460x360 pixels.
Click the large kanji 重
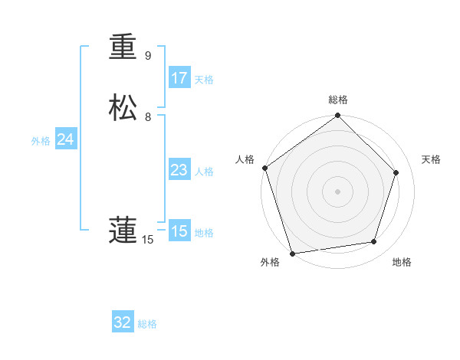(123, 47)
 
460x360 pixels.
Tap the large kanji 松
(123, 108)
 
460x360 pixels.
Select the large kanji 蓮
(123, 231)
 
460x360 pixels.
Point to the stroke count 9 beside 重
(148, 56)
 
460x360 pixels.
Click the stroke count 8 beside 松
(148, 117)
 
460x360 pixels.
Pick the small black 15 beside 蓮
(148, 240)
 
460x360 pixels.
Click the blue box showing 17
(179, 78)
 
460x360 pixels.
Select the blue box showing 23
(179, 170)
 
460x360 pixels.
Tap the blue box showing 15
(179, 231)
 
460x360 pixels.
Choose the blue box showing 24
(65, 139)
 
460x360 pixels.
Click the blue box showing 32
(123, 322)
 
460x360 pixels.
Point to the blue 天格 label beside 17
(204, 80)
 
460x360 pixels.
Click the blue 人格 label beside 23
(204, 172)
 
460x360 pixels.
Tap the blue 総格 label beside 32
(147, 324)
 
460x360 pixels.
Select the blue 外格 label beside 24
(41, 141)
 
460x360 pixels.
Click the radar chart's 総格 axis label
(338, 100)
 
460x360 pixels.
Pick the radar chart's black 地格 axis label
(402, 262)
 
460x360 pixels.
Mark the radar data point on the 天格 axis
(396, 172)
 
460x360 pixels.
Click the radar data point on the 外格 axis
(292, 253)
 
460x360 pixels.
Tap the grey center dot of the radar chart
(337, 191)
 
